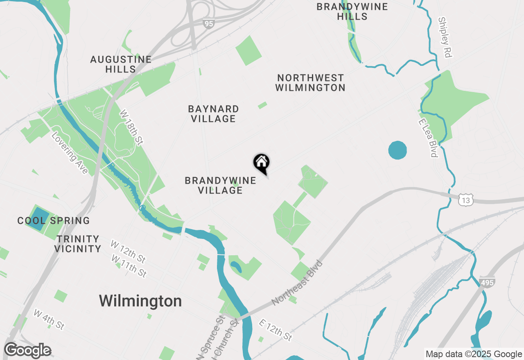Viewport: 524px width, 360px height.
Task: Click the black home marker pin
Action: [x=261, y=162]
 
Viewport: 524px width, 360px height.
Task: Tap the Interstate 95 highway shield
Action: [x=209, y=24]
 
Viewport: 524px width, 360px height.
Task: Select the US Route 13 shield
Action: [x=466, y=200]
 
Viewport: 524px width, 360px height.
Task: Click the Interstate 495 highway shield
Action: [x=487, y=282]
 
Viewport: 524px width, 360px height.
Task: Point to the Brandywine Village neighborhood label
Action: [x=220, y=185]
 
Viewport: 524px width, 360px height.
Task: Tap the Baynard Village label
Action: [x=213, y=114]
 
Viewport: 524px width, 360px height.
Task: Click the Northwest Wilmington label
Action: [x=310, y=83]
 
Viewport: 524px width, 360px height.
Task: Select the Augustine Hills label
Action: [x=121, y=64]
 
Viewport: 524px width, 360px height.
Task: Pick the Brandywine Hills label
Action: [x=352, y=11]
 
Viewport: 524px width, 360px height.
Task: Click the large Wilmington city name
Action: [x=140, y=301]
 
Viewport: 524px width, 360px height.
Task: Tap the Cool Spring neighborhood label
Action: [x=54, y=220]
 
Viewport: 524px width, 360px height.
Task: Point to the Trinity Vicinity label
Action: [x=78, y=243]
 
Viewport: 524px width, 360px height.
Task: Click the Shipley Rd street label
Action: [x=444, y=37]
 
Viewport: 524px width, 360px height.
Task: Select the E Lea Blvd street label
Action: [x=428, y=138]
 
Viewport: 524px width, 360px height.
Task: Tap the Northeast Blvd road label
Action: [x=297, y=282]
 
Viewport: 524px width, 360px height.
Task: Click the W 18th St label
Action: [x=131, y=127]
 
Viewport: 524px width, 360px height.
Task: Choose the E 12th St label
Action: [x=276, y=330]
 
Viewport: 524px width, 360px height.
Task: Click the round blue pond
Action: [x=397, y=150]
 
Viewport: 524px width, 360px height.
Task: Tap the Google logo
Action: [x=27, y=351]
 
